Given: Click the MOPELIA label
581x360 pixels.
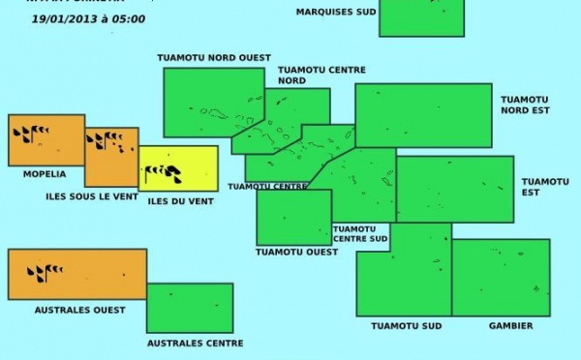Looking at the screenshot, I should pyautogui.click(x=45, y=174).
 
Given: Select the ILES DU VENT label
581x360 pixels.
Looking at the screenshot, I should pyautogui.click(x=180, y=200).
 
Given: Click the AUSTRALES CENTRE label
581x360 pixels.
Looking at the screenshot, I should pyautogui.click(x=195, y=343).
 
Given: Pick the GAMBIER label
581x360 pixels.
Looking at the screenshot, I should pyautogui.click(x=510, y=326).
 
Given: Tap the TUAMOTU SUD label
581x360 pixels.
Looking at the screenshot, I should pyautogui.click(x=407, y=326).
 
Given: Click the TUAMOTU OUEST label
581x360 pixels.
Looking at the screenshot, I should pyautogui.click(x=297, y=252).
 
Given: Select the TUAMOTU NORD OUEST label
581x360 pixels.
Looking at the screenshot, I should pyautogui.click(x=214, y=58).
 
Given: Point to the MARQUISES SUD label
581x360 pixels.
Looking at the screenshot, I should pyautogui.click(x=336, y=13).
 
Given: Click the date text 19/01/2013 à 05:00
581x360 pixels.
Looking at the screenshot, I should pyautogui.click(x=88, y=18).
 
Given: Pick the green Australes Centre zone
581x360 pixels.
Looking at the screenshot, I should pyautogui.click(x=190, y=308).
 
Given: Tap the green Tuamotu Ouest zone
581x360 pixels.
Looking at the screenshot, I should pyautogui.click(x=293, y=217).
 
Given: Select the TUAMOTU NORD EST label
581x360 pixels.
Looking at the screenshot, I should pyautogui.click(x=525, y=105).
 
